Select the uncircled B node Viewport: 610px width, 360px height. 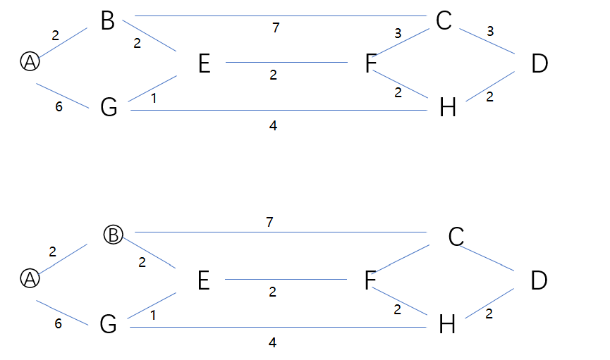tap(107, 21)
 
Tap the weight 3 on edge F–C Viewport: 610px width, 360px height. tap(398, 33)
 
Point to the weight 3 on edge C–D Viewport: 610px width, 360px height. tap(490, 32)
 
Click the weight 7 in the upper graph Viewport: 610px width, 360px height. tap(276, 27)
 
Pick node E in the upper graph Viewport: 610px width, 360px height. tap(205, 65)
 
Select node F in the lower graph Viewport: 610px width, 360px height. tap(370, 281)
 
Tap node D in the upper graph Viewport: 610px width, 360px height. tap(539, 65)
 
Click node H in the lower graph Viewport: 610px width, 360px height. tap(447, 325)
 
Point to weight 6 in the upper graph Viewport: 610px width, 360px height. tap(59, 108)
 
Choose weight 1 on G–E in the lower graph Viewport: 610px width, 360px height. tap(154, 316)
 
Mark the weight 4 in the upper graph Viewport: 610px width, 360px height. tap(273, 126)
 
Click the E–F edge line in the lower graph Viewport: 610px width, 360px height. tap(286, 279)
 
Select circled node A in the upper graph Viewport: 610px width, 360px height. tap(30, 62)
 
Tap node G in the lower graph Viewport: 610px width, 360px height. tap(109, 325)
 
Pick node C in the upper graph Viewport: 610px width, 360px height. tap(444, 21)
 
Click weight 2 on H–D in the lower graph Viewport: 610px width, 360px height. tap(489, 314)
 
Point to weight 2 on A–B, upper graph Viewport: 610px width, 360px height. tap(56, 35)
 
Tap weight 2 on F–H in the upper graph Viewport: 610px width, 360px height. tap(398, 92)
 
